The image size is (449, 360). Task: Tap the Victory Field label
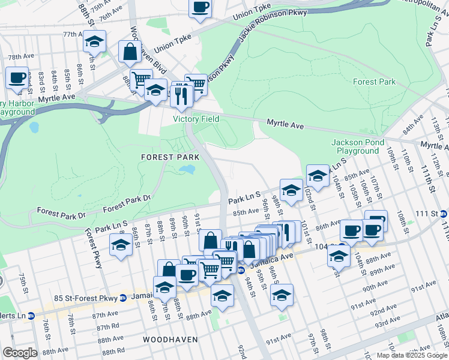(x=194, y=119)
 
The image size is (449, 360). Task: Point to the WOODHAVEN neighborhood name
(x=170, y=340)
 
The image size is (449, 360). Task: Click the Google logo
(x=20, y=353)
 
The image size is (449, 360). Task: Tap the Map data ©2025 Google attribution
(x=411, y=355)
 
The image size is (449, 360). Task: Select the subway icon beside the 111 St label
(x=443, y=214)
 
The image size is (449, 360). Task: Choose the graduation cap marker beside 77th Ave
(x=94, y=41)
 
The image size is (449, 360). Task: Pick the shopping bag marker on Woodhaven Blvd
(x=130, y=52)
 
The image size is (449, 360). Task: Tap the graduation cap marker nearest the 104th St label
(x=339, y=254)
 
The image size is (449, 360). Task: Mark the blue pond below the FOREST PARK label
(x=187, y=170)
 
